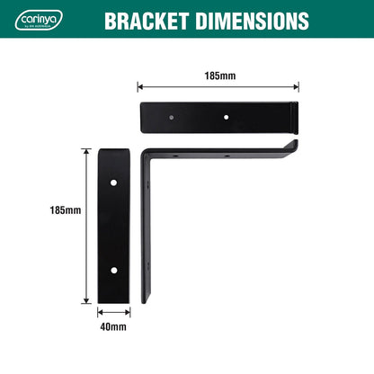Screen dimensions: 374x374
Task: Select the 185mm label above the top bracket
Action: coord(218,76)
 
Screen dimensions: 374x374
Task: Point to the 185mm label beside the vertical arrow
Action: coord(65,210)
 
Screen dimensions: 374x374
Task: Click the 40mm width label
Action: coord(113,327)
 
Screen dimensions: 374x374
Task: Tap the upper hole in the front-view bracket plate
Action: coord(113,183)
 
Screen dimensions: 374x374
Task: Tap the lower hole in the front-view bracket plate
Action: coord(113,270)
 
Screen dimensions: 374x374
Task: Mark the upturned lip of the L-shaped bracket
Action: coord(294,145)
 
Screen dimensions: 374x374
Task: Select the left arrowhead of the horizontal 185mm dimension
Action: coord(140,87)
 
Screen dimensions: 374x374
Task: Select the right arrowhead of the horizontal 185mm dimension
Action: coord(297,87)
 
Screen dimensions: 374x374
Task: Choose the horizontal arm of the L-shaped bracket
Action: coord(225,154)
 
